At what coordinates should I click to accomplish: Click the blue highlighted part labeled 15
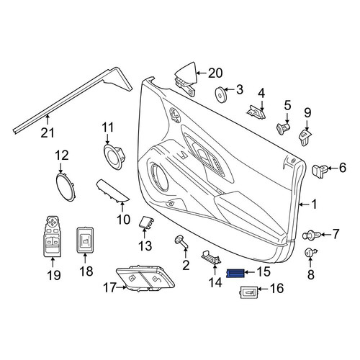point(235,273)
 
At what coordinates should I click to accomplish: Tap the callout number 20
point(215,73)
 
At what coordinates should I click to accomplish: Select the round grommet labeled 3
point(220,94)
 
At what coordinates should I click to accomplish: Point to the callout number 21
point(48,132)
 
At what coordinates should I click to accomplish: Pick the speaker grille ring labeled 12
point(66,187)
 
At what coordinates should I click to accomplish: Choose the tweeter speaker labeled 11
point(114,156)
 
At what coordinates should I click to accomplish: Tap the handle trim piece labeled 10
point(112,191)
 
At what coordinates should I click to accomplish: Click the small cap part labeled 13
point(146,222)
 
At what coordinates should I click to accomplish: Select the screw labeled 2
point(181,242)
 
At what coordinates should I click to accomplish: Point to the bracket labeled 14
point(211,257)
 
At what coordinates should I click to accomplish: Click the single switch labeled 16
point(249,292)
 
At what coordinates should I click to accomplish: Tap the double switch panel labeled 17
point(145,279)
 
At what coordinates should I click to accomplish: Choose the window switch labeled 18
point(85,240)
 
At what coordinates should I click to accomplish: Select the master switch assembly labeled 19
point(52,236)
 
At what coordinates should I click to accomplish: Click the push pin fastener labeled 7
point(311,235)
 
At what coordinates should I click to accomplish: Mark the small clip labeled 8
point(310,253)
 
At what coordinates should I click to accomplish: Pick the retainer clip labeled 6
point(320,170)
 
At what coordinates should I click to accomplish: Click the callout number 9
point(307,112)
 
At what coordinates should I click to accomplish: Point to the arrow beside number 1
point(304,204)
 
